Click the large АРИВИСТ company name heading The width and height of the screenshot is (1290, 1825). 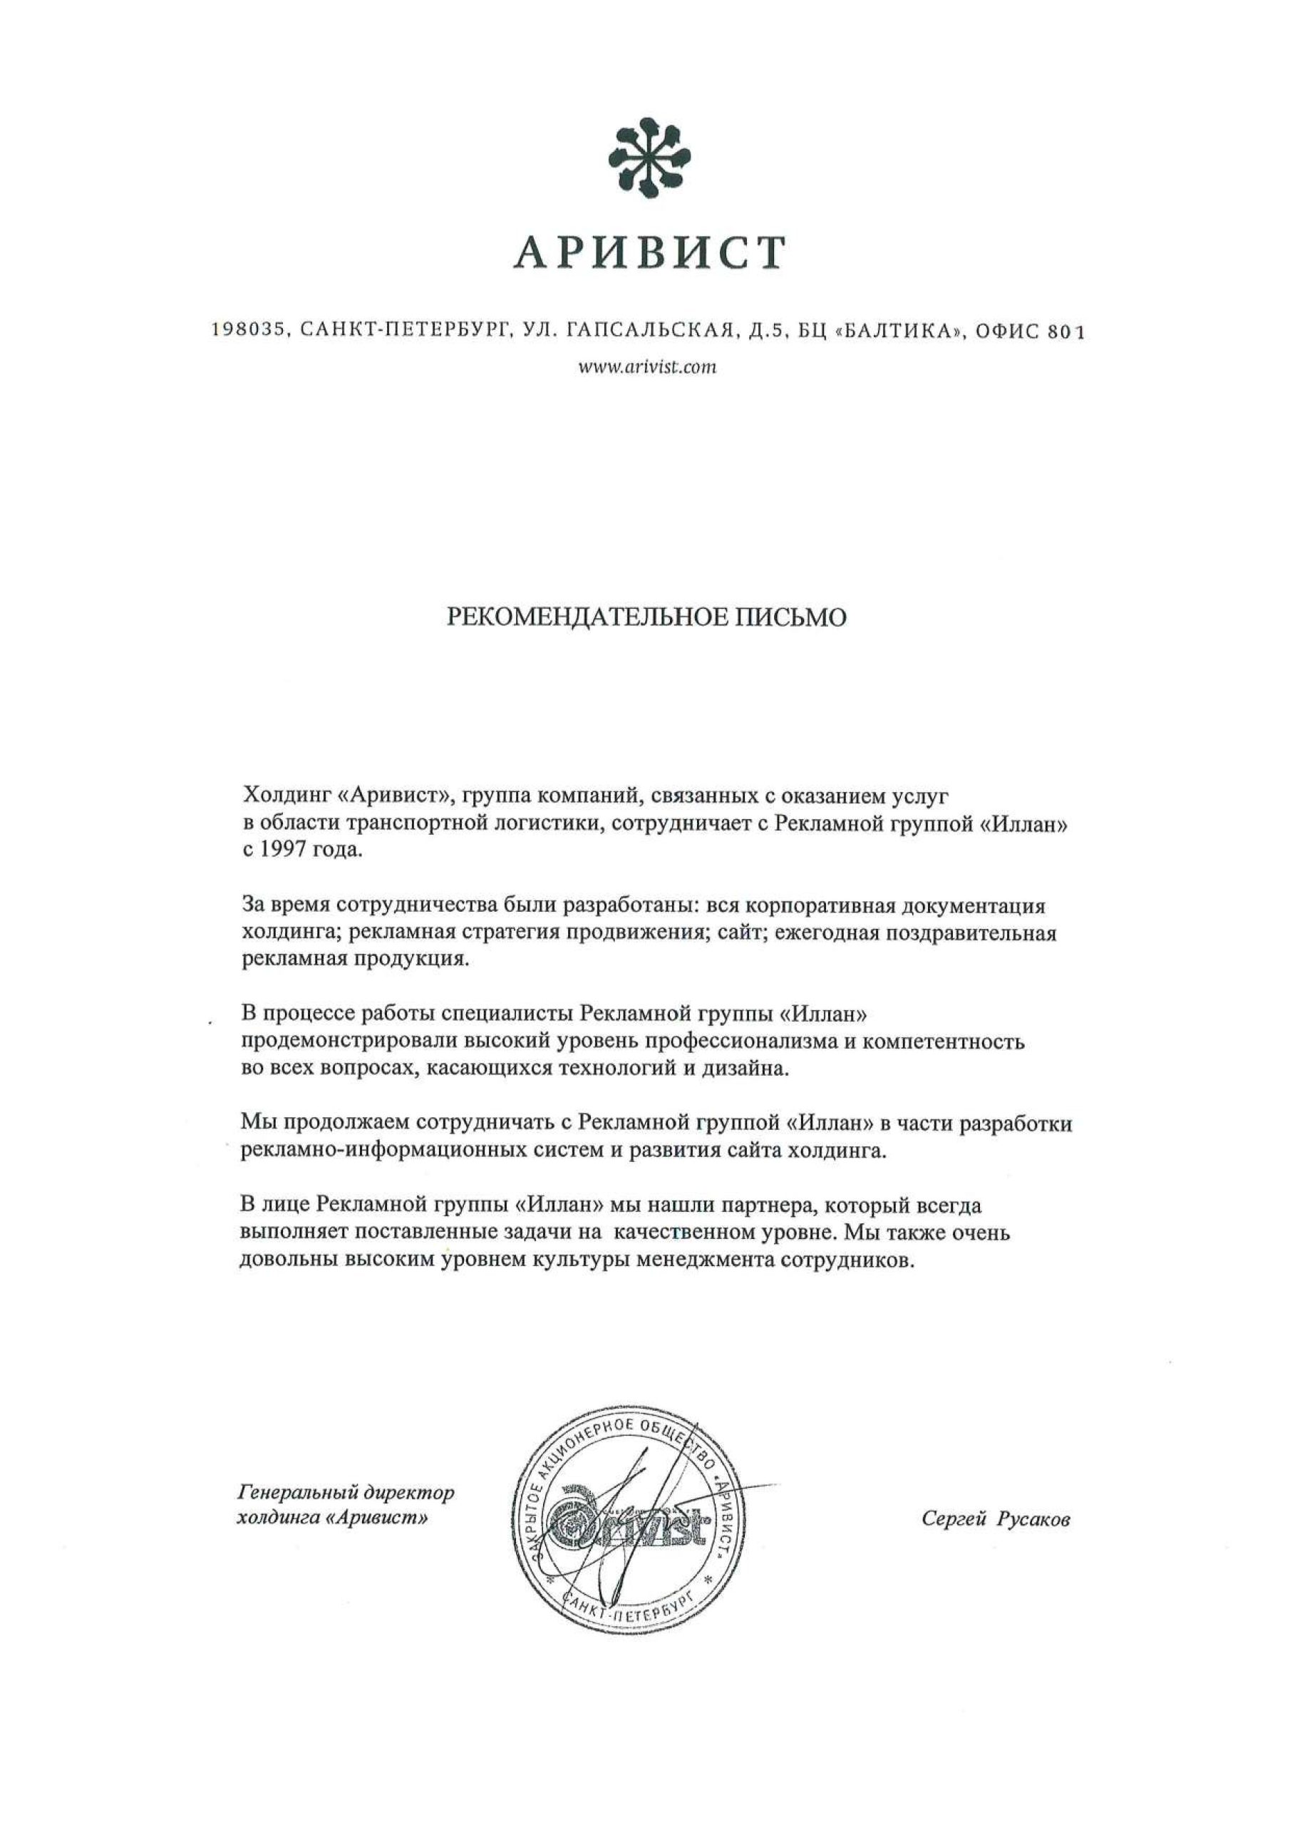point(649,254)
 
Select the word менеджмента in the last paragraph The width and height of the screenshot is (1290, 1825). point(698,1261)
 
